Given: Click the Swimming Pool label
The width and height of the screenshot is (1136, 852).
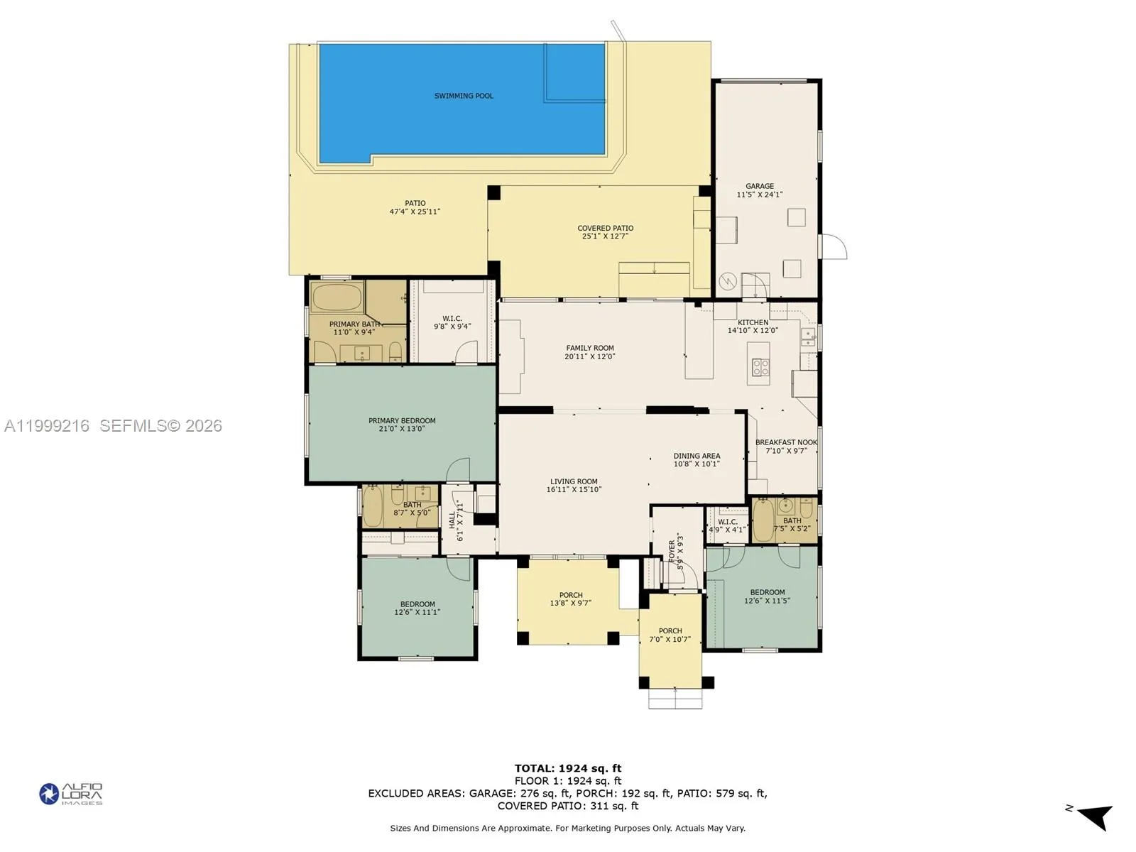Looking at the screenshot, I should [464, 96].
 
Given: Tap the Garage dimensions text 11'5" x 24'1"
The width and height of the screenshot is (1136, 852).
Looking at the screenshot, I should [759, 195].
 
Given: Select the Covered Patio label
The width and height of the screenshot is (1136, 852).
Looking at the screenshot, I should [605, 228].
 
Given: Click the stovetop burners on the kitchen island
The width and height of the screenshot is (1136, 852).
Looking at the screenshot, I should [760, 367].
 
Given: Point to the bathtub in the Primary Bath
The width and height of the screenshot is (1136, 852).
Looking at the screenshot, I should [337, 297].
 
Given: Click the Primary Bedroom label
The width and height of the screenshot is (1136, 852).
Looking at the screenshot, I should [402, 420].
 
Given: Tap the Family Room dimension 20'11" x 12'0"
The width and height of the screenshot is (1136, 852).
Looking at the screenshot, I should [589, 356].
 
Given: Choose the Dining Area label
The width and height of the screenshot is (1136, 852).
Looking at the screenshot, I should [697, 456].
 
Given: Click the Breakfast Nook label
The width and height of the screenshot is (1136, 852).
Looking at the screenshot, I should [786, 442].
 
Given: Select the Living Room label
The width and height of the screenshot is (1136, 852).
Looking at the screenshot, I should [574, 481].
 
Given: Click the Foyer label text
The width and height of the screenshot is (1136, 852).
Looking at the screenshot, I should [672, 550].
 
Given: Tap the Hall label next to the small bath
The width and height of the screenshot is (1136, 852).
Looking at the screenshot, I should [452, 520].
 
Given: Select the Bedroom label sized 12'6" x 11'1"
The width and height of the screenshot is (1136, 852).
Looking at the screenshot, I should [417, 604].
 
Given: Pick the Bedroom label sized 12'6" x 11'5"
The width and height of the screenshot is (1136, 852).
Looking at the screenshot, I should [768, 592].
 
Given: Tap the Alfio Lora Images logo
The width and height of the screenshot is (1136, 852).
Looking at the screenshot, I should [71, 794].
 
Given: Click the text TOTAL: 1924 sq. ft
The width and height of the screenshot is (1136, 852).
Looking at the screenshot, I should [567, 768].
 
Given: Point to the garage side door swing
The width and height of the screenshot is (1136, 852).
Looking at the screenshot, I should [835, 247].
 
